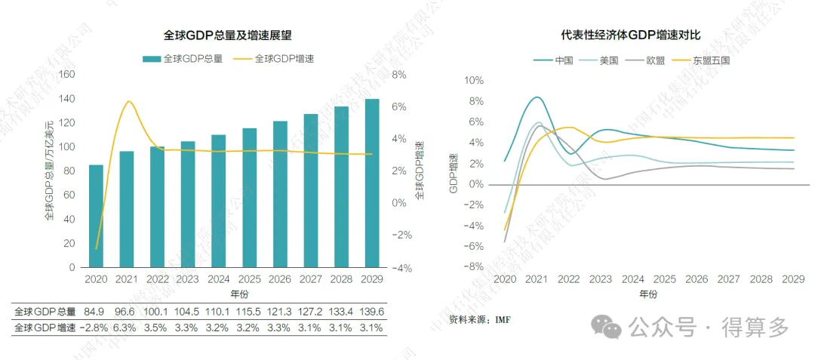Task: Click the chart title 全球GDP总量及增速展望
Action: pyautogui.click(x=227, y=35)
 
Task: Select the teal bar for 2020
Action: pyautogui.click(x=96, y=216)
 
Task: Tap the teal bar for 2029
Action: pyautogui.click(x=372, y=183)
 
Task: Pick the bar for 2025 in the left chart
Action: pyautogui.click(x=249, y=198)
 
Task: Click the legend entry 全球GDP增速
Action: pyautogui.click(x=274, y=58)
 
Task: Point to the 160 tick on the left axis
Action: pyautogui.click(x=66, y=74)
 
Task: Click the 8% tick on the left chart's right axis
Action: pyautogui.click(x=400, y=74)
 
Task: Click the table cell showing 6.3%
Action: pyautogui.click(x=125, y=328)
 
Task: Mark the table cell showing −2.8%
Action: pyautogui.click(x=94, y=328)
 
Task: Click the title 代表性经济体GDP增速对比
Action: pyautogui.click(x=630, y=35)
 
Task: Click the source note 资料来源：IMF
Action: pyautogui.click(x=480, y=319)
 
